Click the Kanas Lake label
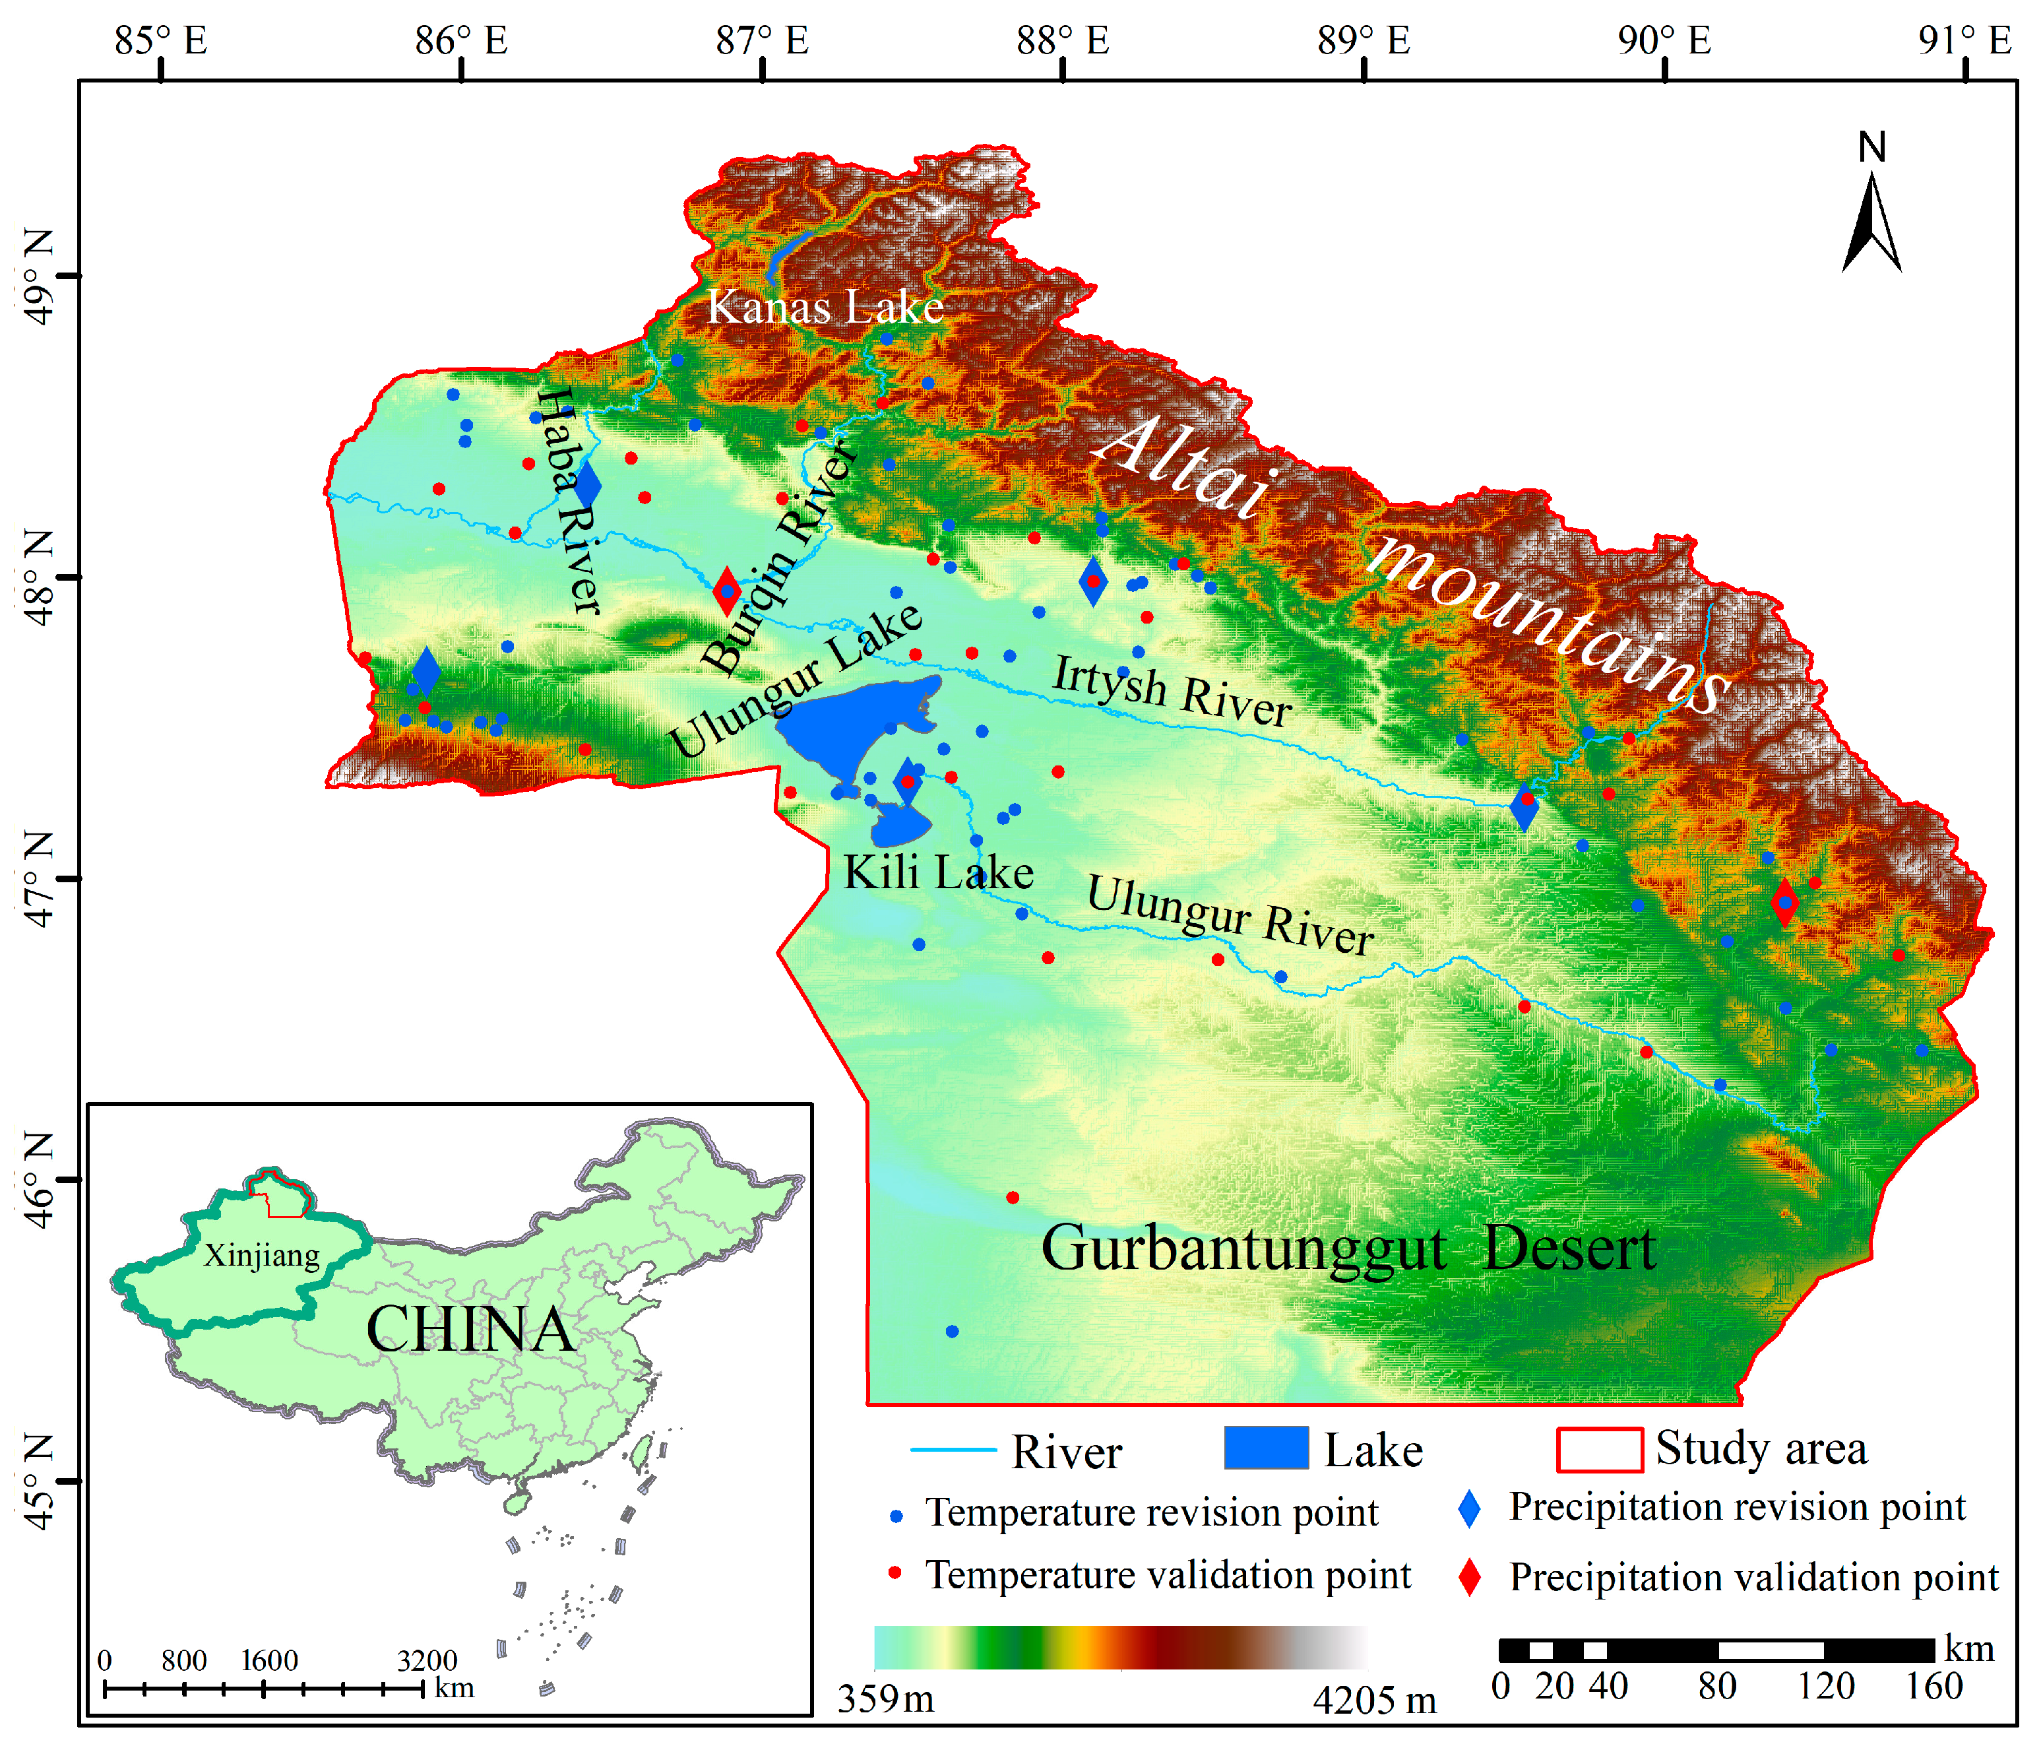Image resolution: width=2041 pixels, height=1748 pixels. [x=825, y=308]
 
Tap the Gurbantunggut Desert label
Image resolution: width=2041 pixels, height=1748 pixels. [x=1348, y=1249]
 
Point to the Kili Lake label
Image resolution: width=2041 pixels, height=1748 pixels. [x=938, y=873]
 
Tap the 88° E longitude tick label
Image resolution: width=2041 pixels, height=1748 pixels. [x=1063, y=42]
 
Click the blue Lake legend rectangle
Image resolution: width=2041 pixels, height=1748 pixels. [x=1266, y=1448]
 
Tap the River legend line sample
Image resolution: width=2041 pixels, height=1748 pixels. [x=953, y=1450]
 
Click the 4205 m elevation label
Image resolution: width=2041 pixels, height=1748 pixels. [x=1374, y=1700]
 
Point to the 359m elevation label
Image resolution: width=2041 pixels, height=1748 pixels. [x=885, y=1699]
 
